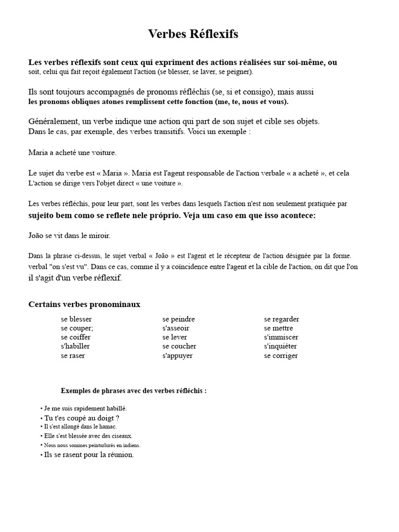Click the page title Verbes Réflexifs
coord(193,34)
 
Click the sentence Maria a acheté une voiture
coord(73,153)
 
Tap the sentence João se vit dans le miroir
coord(70,235)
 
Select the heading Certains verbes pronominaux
coord(84,304)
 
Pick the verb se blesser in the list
coord(76,319)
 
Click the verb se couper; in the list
coord(77,328)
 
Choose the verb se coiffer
coord(75,337)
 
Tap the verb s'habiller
coord(76,346)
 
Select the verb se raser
coord(73,356)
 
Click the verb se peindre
coord(178,319)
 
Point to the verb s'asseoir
coord(176,328)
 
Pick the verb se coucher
coord(179,346)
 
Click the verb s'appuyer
coord(177,356)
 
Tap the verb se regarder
coord(281,319)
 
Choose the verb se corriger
coord(281,356)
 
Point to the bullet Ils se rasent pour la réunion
coord(89,455)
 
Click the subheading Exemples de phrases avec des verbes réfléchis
coord(134,391)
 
